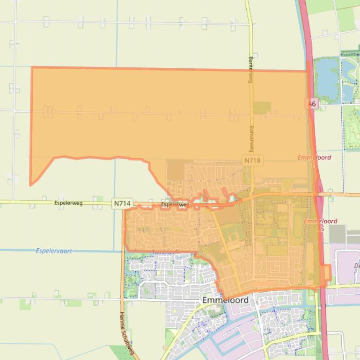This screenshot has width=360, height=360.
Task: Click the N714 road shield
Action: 123,203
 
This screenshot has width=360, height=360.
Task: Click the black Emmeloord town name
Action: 226,300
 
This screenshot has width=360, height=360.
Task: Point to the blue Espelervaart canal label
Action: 54,251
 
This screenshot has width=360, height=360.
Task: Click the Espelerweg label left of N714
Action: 68,203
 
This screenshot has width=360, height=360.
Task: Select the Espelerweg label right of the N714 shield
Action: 175,205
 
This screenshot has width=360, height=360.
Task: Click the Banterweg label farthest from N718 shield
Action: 250,71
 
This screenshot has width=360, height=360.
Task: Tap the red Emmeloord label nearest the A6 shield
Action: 314,158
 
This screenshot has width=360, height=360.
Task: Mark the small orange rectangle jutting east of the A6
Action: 327,273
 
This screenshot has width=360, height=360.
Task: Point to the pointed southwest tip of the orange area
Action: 31,184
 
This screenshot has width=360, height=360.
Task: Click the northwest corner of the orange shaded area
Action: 32,68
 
